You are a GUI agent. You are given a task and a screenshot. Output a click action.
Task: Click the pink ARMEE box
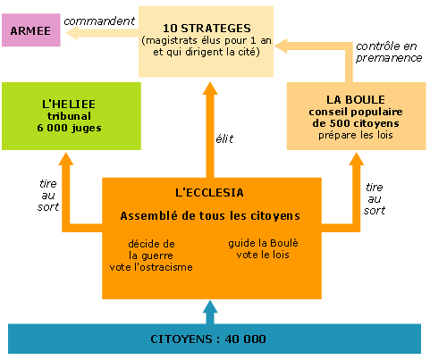(31, 30)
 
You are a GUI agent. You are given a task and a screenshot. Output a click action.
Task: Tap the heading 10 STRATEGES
(207, 29)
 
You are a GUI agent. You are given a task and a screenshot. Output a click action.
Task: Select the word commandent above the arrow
(99, 21)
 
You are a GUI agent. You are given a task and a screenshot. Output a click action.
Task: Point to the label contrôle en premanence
(389, 52)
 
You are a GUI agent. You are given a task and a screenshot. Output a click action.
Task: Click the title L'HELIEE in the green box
(69, 105)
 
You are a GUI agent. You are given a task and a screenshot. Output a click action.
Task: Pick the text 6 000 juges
(69, 128)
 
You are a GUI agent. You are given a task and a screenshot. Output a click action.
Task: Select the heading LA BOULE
(356, 100)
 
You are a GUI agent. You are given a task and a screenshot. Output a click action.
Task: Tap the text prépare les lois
(356, 135)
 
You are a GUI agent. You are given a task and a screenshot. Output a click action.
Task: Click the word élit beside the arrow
(224, 138)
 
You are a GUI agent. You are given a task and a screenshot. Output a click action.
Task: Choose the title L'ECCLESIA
(209, 193)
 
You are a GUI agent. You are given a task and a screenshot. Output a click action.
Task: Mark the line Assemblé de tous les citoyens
(210, 216)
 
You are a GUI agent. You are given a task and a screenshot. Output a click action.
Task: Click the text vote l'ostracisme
(151, 267)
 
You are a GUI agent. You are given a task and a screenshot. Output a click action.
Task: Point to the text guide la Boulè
(263, 243)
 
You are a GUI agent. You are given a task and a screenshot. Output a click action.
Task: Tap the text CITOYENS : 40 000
(208, 339)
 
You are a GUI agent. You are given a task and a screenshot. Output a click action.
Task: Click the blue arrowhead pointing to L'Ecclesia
(210, 306)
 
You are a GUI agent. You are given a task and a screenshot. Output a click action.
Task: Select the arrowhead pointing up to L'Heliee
(66, 159)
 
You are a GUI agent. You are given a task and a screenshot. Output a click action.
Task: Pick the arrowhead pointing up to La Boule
(356, 159)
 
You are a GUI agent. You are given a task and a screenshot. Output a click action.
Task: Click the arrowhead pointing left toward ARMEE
(72, 33)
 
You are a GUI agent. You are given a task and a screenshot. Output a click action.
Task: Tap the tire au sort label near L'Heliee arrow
(48, 196)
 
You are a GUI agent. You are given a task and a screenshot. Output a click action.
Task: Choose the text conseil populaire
(356, 112)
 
